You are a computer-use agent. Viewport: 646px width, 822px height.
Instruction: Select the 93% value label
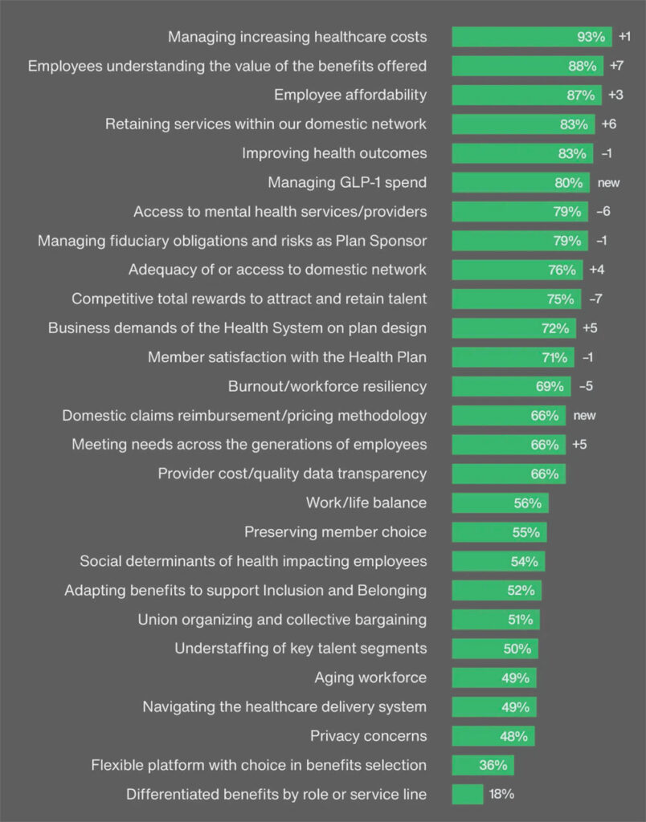[591, 37]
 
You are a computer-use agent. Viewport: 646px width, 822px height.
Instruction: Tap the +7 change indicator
[617, 66]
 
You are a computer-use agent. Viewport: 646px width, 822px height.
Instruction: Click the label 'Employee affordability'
[350, 95]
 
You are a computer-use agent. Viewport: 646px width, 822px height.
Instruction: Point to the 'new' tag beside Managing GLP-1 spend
[608, 182]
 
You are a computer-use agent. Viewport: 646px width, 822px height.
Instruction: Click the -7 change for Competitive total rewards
[595, 299]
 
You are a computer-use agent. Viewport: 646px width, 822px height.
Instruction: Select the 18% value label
[501, 794]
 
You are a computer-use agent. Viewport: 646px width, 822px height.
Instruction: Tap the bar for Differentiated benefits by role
[467, 794]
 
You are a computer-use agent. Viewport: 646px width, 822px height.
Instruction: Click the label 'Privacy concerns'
[368, 735]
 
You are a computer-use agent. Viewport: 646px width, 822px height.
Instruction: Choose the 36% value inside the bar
[493, 765]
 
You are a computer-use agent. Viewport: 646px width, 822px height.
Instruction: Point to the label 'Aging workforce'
[370, 678]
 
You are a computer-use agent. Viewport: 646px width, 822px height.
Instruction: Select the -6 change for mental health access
[604, 211]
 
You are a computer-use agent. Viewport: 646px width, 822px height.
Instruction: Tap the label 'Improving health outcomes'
[334, 153]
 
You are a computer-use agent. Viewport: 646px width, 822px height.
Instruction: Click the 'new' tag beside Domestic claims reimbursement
[584, 415]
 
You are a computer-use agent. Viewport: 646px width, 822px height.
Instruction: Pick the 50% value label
[517, 649]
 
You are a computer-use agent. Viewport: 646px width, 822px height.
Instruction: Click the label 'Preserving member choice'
[335, 531]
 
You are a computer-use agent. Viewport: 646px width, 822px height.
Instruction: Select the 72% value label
[554, 328]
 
